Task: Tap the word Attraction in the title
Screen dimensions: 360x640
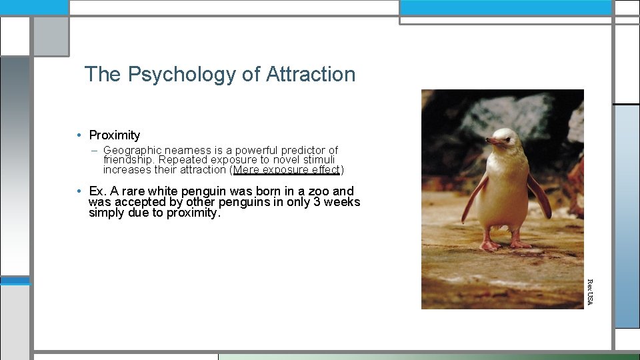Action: pos(311,74)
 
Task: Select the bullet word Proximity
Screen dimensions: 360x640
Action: pos(115,135)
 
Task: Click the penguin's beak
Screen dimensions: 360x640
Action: pos(494,141)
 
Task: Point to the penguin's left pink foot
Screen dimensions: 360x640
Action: pos(489,245)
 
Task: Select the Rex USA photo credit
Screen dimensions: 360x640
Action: pos(589,291)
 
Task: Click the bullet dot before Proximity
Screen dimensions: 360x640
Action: pos(79,135)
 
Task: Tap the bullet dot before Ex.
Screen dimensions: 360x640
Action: pos(79,191)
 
